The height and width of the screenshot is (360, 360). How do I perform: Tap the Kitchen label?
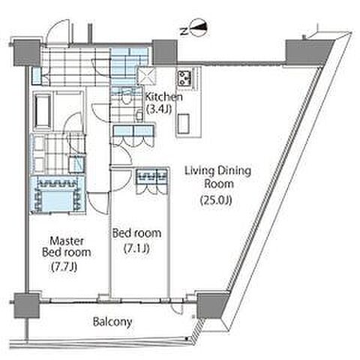tap(164, 97)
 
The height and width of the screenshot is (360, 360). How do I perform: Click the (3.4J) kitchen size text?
tap(159, 109)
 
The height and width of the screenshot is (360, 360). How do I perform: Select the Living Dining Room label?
tap(217, 177)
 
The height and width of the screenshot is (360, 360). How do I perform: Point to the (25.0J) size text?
tap(217, 200)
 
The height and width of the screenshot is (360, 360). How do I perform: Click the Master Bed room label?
tap(67, 247)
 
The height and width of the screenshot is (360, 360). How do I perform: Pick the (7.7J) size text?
tap(64, 267)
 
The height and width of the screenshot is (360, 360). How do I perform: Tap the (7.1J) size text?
tap(136, 248)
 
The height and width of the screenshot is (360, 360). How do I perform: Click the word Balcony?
tap(112, 322)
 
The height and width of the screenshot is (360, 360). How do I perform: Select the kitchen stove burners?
tap(184, 77)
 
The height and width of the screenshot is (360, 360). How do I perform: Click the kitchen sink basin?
tap(184, 124)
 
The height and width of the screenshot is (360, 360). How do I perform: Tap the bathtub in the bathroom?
tap(43, 111)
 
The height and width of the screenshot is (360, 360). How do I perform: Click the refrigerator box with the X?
tap(145, 76)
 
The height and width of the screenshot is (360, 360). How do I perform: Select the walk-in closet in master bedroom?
tap(58, 194)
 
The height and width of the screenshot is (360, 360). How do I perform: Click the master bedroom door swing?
tap(98, 203)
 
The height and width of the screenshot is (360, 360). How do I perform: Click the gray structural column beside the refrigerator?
tap(165, 52)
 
